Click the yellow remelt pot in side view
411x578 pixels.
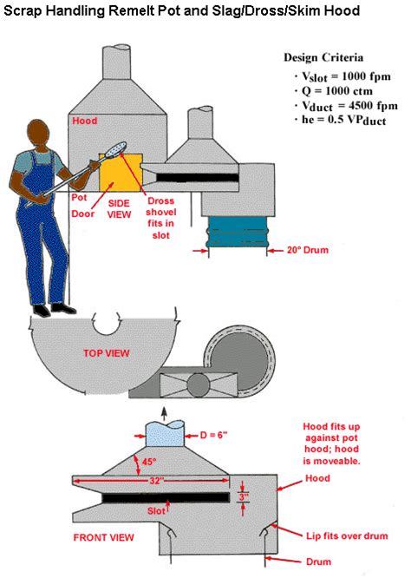[119, 173]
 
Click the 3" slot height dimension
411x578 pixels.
[245, 497]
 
